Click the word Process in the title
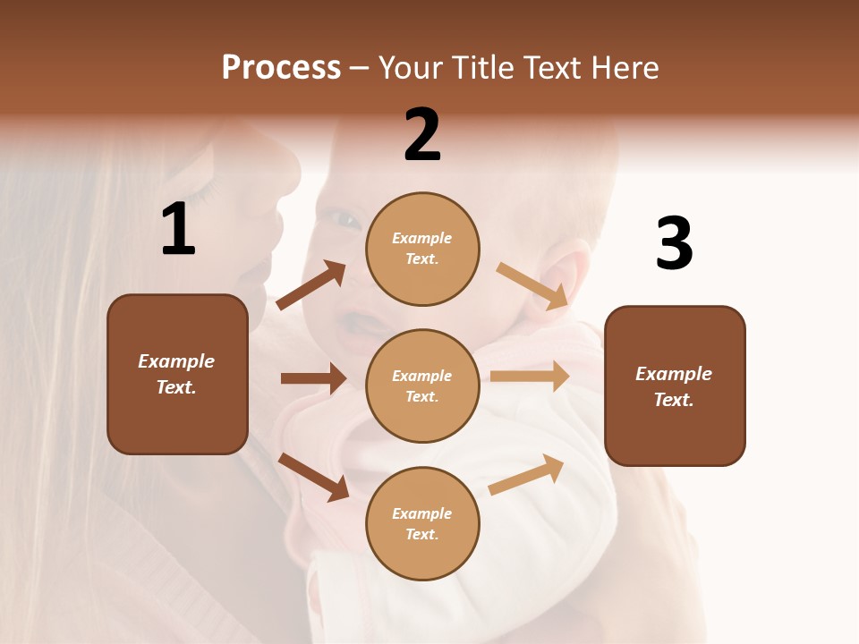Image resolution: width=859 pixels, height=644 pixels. click(281, 67)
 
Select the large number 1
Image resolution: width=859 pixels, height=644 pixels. click(178, 230)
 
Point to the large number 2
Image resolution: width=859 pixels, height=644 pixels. click(422, 135)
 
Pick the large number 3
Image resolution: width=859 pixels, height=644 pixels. click(674, 244)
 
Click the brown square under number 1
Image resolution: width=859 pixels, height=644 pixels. click(177, 374)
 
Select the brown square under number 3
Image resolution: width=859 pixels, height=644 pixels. click(675, 386)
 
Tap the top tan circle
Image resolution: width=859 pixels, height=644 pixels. click(422, 249)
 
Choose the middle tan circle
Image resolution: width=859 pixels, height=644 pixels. click(422, 386)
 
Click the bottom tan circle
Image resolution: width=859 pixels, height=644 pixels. click(422, 523)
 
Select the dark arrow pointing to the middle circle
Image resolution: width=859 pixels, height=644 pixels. click(313, 378)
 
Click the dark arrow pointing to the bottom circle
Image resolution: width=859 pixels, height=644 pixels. click(314, 476)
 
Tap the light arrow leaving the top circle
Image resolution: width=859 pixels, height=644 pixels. click(532, 286)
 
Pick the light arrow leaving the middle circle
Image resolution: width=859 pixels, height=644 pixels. click(530, 377)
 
